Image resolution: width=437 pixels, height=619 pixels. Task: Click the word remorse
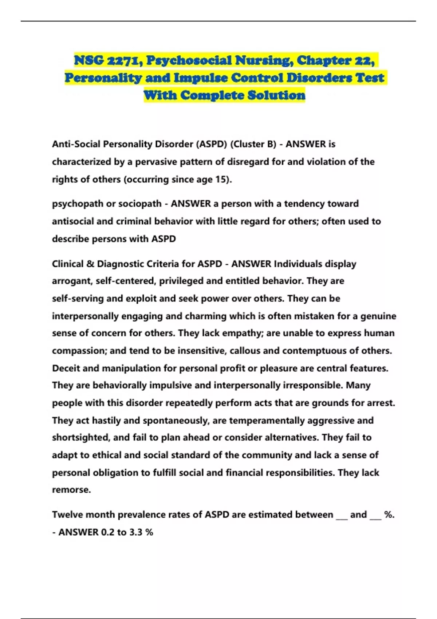point(71,490)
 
